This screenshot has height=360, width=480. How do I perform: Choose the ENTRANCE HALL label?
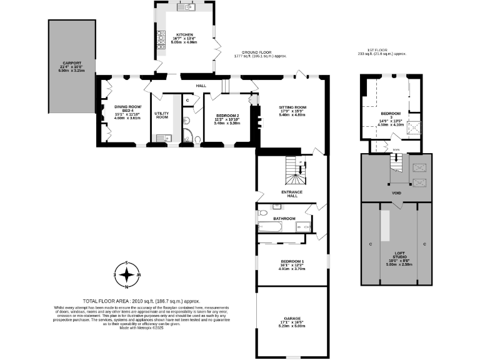[x=292, y=194]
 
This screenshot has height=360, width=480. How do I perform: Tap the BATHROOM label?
[x=284, y=218]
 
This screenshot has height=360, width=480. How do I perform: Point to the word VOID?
[x=396, y=193]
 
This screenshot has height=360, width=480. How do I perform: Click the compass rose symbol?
[x=127, y=274]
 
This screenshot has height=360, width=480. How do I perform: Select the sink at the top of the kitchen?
[x=186, y=8]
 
